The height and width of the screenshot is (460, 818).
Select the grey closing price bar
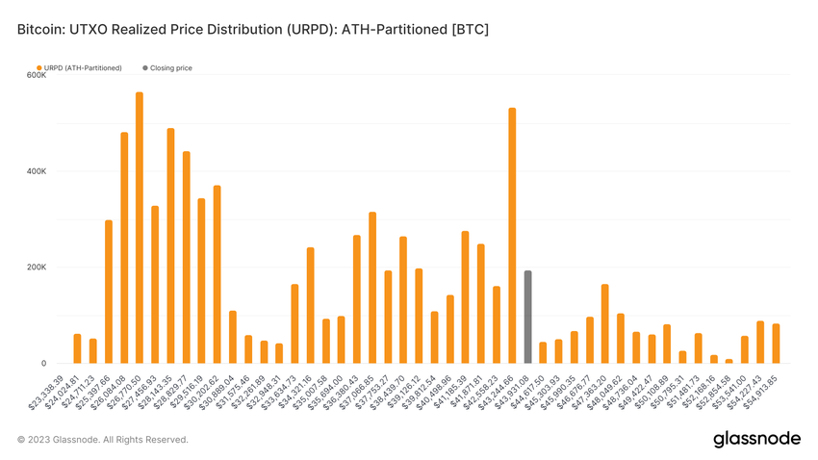527,318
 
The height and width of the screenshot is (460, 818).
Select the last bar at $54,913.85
776,344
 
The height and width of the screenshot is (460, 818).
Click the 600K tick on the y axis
37,75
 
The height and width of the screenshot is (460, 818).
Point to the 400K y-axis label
37,171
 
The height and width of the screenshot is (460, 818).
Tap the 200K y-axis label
37,268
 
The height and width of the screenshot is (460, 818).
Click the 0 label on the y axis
42,364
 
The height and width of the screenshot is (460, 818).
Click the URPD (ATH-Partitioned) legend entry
83,68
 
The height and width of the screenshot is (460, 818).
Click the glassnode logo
756,439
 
